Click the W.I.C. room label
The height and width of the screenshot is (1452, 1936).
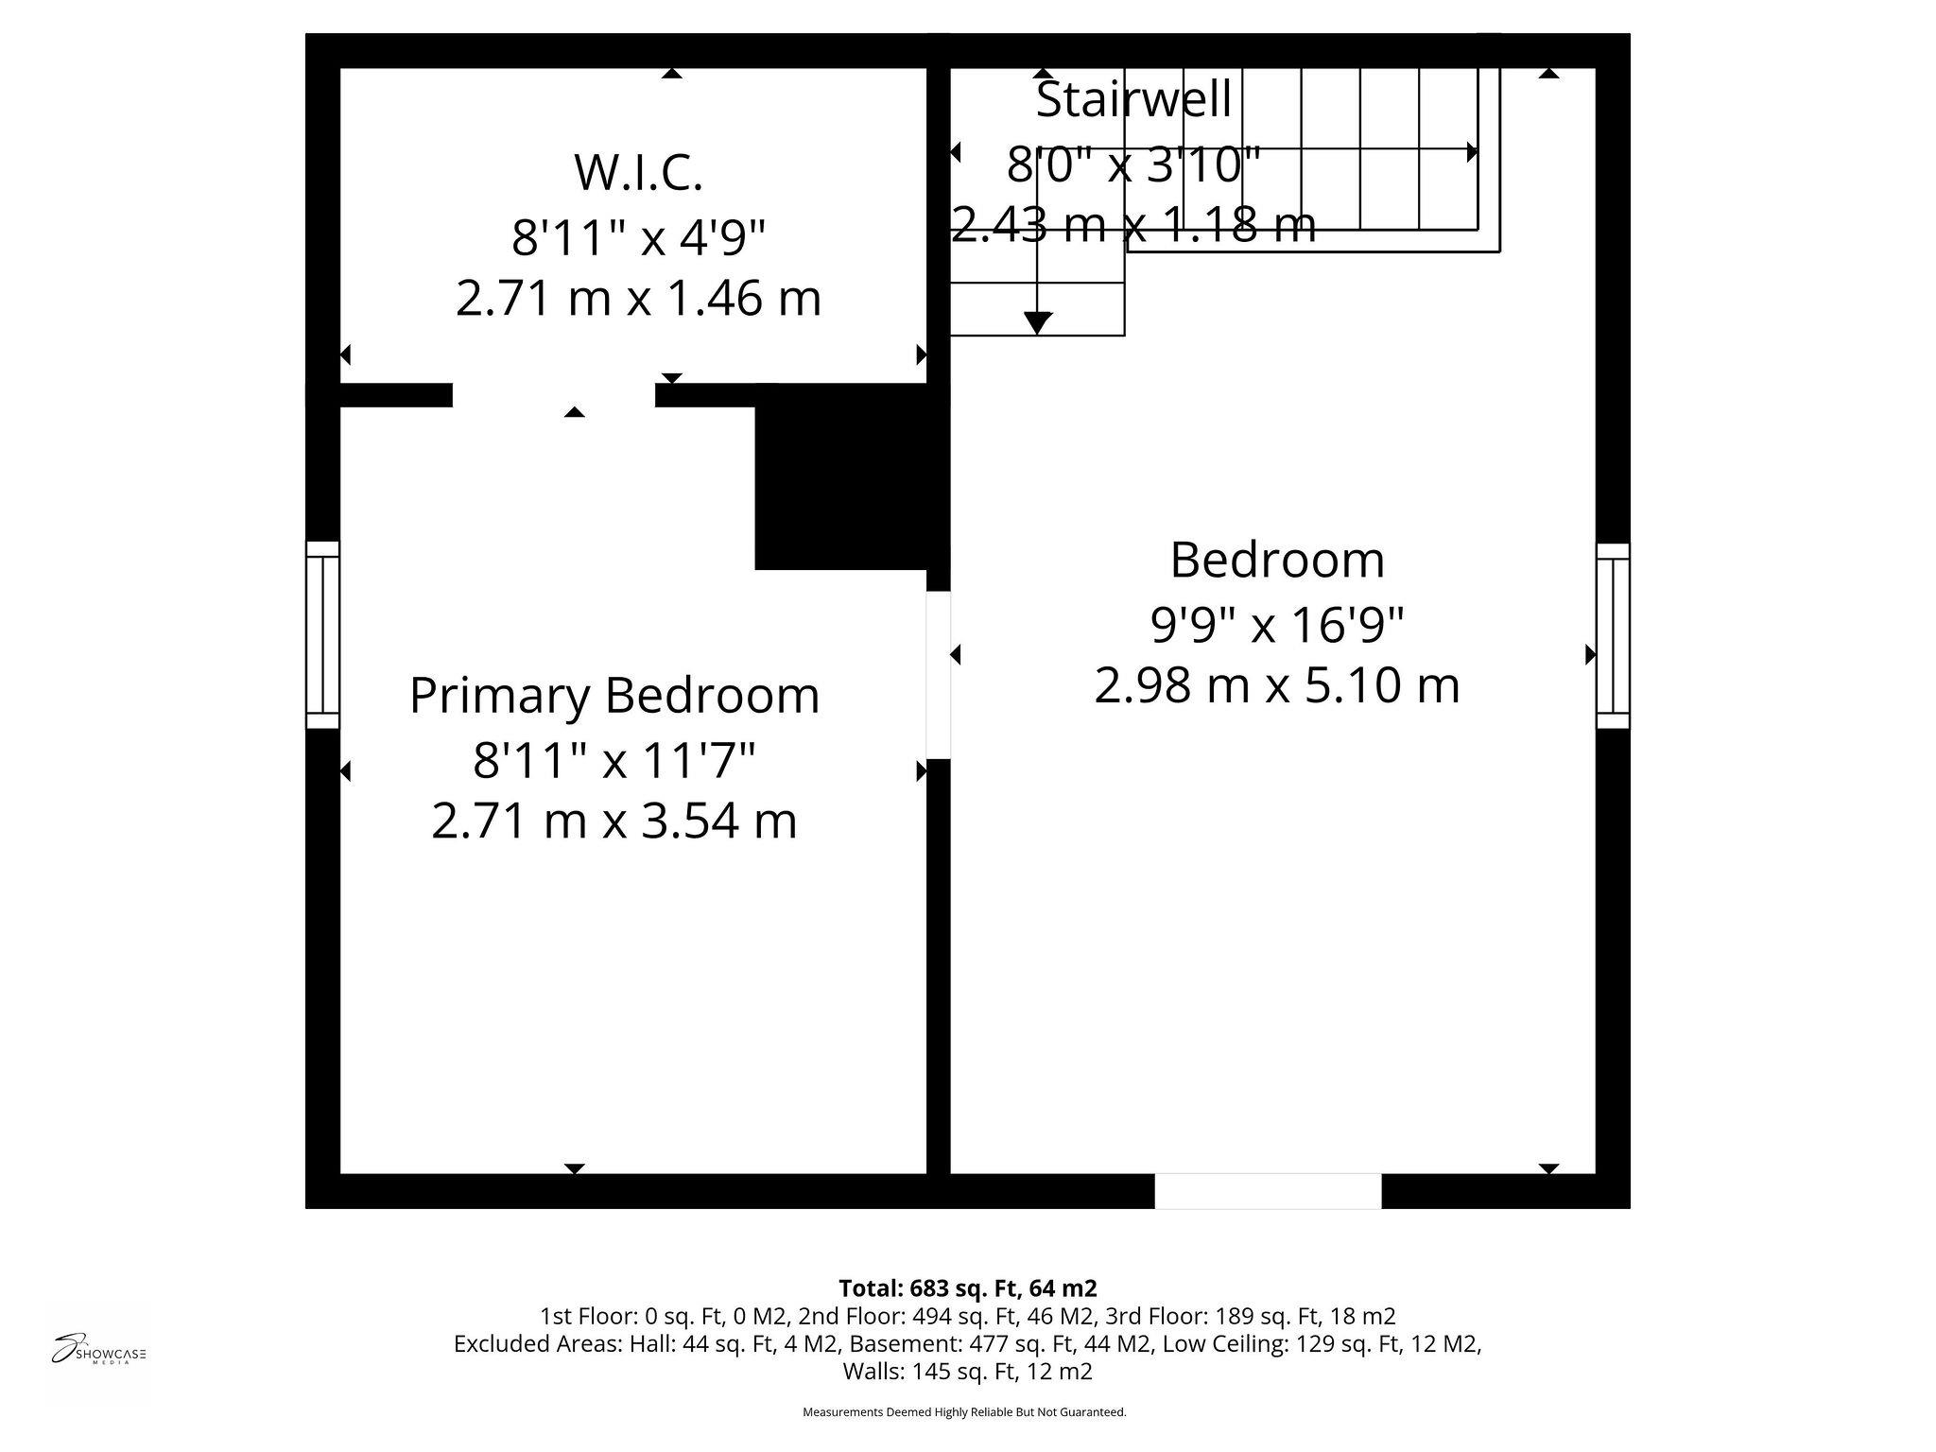tap(638, 173)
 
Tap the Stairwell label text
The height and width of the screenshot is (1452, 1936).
tap(1133, 100)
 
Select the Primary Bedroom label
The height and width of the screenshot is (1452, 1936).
tap(614, 696)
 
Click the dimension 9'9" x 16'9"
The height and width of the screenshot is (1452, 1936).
tap(1277, 623)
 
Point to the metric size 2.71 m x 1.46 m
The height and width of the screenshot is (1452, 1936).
tap(638, 299)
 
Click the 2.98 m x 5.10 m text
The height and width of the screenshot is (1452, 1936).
tap(1277, 685)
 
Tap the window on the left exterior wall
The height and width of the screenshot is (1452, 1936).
tap(322, 634)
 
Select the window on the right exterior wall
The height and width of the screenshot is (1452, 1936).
tap(1613, 635)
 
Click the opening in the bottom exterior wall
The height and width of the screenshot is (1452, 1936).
tap(1268, 1190)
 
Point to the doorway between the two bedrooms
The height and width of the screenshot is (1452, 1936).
tap(938, 675)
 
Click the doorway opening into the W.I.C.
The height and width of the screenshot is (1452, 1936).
tap(554, 395)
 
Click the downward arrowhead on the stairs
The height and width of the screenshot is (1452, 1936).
tap(1038, 323)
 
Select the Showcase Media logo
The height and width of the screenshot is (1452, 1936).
tap(98, 1352)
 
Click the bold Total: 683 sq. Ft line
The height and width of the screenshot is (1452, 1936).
tap(967, 1288)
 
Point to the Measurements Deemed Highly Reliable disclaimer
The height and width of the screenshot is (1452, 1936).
tap(964, 1412)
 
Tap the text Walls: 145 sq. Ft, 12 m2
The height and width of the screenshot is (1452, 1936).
tap(967, 1371)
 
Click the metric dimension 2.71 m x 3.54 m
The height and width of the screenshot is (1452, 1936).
tap(614, 821)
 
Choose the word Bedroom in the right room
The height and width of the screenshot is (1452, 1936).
tap(1277, 561)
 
